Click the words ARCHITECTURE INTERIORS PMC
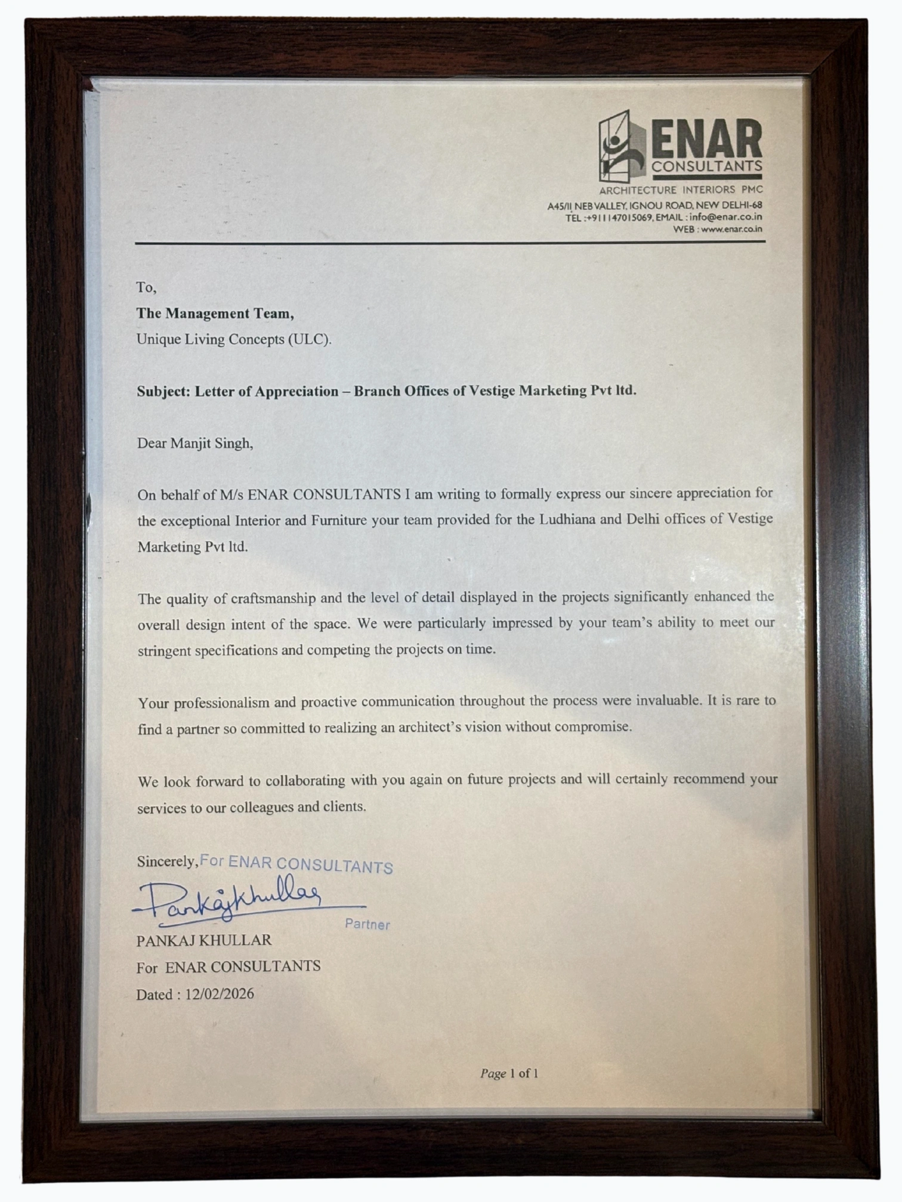coord(680,190)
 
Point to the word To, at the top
coord(146,287)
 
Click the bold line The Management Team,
coord(215,314)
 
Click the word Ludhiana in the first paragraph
coord(567,519)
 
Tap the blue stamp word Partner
coord(367,925)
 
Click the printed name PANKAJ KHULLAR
coord(204,941)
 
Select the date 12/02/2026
coord(220,994)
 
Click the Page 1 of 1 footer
coord(509,1074)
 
